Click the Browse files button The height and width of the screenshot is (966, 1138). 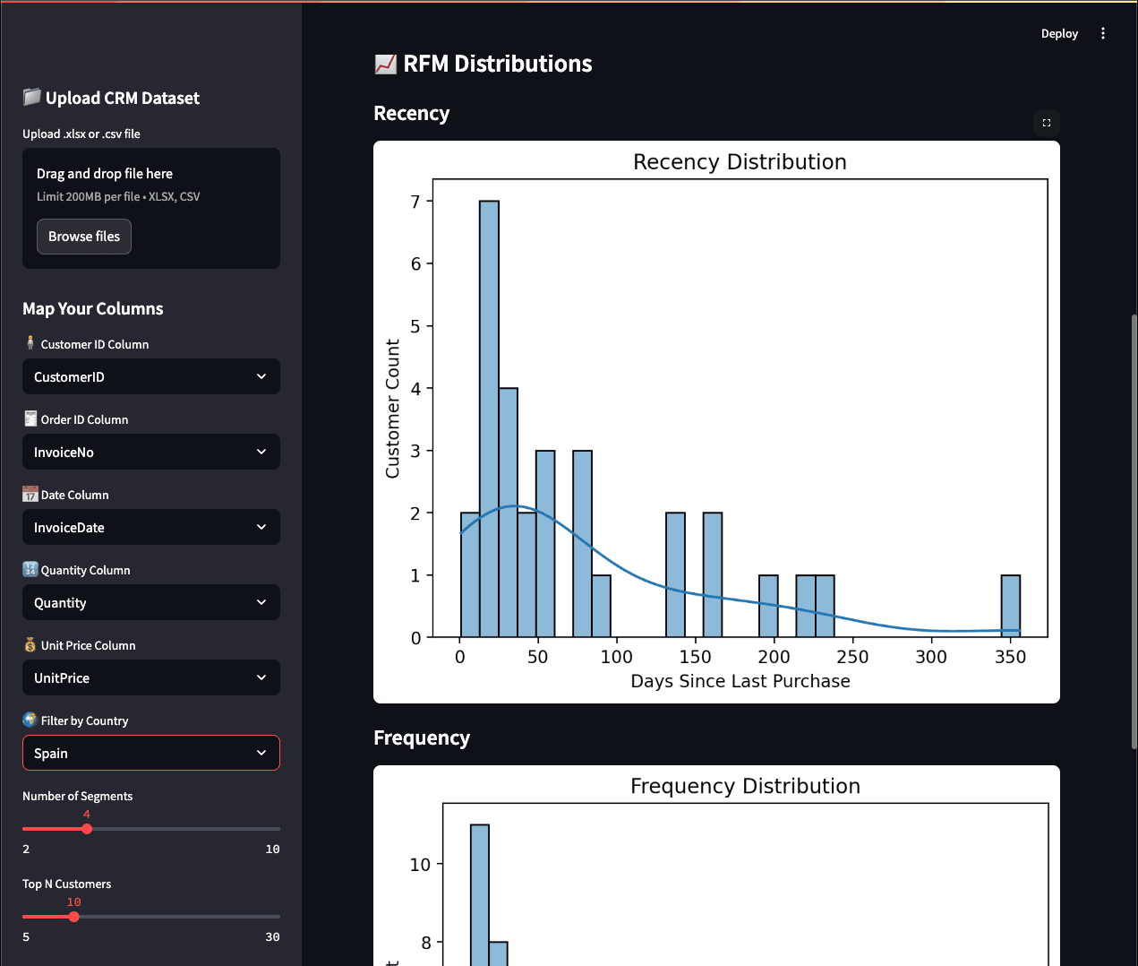(84, 237)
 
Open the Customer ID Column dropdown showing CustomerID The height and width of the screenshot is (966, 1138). (150, 377)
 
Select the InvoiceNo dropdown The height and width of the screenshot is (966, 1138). (150, 453)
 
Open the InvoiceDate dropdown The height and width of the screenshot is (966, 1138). (150, 528)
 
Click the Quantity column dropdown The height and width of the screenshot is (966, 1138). (150, 603)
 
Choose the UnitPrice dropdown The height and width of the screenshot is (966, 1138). (150, 678)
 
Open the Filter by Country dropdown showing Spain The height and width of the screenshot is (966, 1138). (150, 754)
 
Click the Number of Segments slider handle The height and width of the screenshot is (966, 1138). (87, 829)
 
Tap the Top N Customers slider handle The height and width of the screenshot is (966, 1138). (74, 917)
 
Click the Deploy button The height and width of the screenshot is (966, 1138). (1059, 34)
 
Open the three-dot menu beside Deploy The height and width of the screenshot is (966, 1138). (1103, 34)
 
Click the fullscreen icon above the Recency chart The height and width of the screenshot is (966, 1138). (1047, 123)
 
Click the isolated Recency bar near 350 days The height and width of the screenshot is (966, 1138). (1010, 606)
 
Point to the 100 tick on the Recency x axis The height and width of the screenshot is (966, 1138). (616, 657)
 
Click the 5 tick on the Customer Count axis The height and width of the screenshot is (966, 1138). (415, 326)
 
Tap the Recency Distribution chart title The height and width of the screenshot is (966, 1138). (740, 162)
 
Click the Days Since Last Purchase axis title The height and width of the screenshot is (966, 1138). (740, 681)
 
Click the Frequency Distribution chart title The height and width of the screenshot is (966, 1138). (745, 787)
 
